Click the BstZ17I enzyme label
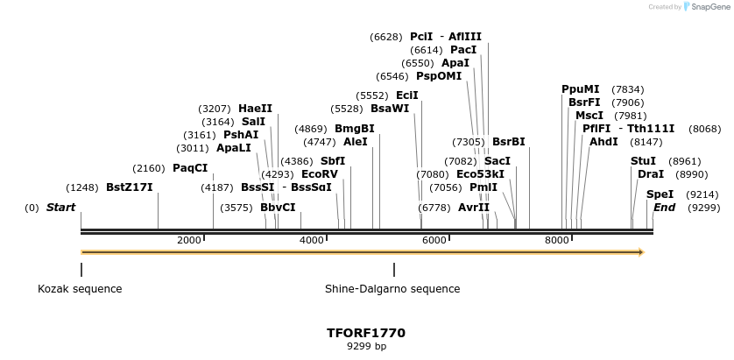click(129, 187)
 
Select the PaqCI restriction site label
click(190, 168)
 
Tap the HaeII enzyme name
click(255, 109)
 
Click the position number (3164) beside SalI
click(217, 122)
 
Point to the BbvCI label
click(278, 208)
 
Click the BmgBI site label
click(354, 129)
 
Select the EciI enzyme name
click(406, 95)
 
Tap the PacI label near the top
click(463, 50)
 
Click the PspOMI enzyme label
click(438, 76)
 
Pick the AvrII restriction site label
click(474, 208)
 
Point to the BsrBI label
click(508, 142)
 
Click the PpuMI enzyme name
click(580, 89)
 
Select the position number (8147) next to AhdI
click(646, 142)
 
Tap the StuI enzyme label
click(643, 161)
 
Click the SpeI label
click(660, 194)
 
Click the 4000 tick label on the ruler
click(312, 240)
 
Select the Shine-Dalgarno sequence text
click(392, 289)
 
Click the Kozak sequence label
click(80, 289)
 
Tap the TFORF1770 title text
click(365, 333)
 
